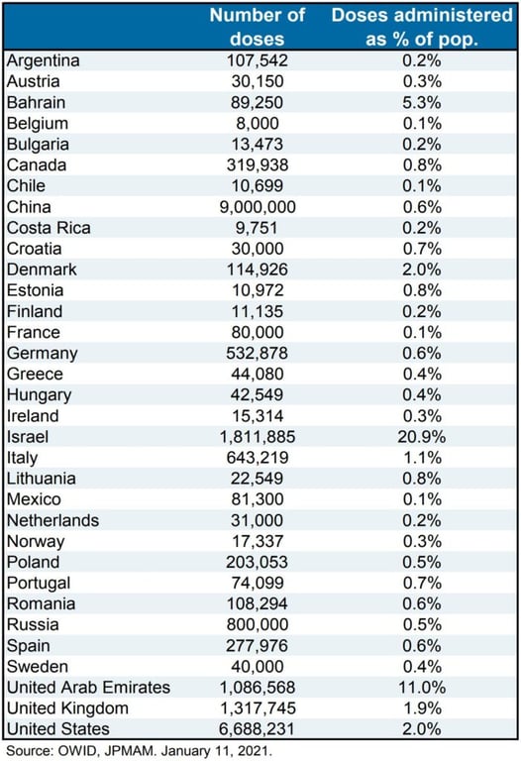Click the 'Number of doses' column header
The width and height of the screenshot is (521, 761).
[x=258, y=27]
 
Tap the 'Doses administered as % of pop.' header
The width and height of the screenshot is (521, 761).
[x=422, y=27]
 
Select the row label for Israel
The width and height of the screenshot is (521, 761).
[x=28, y=436]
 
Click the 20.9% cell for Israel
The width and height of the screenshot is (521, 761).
[x=422, y=436]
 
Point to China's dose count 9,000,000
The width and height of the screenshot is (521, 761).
[x=258, y=207]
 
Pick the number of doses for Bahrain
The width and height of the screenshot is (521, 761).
[x=258, y=102]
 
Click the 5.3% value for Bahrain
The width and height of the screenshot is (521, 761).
[x=422, y=102]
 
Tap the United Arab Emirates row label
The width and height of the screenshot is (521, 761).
[x=89, y=688]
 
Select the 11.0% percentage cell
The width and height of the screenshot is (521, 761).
[x=422, y=688]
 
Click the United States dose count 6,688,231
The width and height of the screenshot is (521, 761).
[x=258, y=729]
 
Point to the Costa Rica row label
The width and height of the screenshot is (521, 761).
[x=49, y=228]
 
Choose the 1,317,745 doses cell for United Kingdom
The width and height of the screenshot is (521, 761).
[x=258, y=708]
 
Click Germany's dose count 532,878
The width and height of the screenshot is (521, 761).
[x=258, y=353]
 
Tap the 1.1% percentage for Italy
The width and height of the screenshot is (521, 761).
[x=422, y=457]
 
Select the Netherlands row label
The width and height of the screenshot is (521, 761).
[x=52, y=520]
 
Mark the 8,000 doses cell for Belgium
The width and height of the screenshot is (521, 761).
[x=258, y=123]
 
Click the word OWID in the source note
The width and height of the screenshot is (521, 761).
[x=75, y=751]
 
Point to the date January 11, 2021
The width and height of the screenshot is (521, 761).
[x=216, y=751]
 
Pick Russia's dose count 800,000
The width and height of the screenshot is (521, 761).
[x=258, y=624]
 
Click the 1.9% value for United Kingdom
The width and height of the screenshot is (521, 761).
[x=422, y=708]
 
